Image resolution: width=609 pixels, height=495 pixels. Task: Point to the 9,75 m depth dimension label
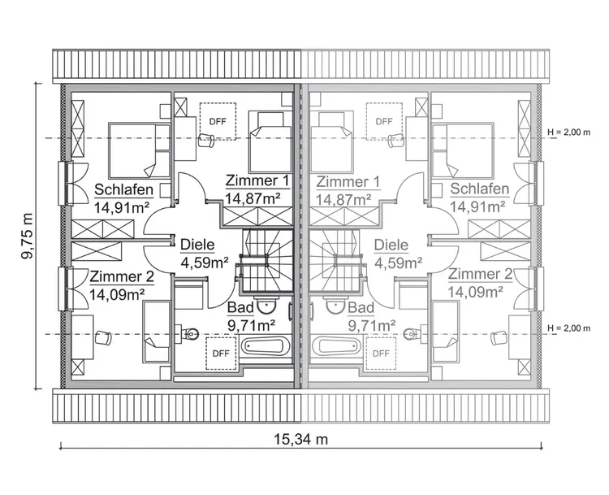tap(28, 236)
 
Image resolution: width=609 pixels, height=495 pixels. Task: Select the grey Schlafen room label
tap(479, 190)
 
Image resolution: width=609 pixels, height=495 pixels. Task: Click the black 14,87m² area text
tap(253, 198)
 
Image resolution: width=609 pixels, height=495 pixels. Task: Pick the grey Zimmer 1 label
tap(348, 181)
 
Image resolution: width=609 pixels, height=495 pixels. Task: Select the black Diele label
tap(197, 244)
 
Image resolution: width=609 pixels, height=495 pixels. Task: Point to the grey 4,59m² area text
tap(398, 262)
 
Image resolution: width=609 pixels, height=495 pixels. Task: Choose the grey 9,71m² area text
tap(371, 324)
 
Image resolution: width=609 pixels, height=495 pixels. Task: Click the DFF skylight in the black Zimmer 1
tap(218, 121)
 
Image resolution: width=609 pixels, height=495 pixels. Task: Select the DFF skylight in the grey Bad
tap(380, 353)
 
